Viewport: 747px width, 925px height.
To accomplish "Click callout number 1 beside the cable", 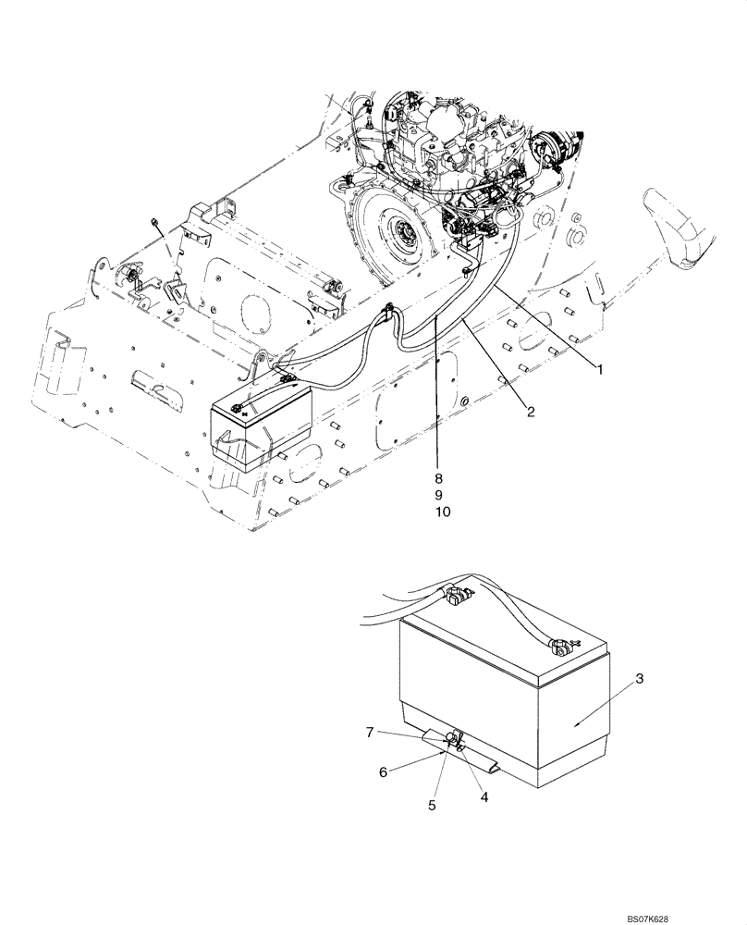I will pos(598,369).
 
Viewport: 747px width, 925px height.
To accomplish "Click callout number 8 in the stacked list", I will pos(439,478).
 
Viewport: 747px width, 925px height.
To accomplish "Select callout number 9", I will pos(439,495).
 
